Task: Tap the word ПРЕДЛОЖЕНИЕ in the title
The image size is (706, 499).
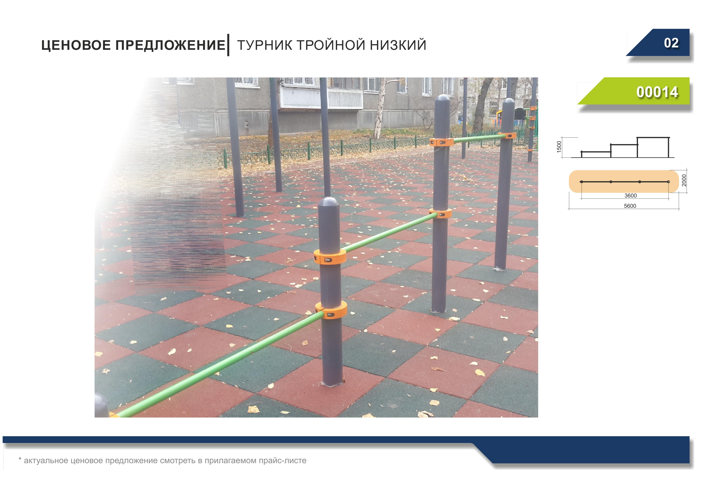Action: coord(170,45)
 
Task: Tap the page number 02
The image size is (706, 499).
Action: coord(671,43)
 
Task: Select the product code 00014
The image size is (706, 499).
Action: coord(657,92)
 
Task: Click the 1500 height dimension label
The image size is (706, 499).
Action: coord(559,147)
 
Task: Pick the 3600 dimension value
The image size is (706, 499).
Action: coord(630,196)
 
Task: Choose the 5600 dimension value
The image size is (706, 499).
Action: coord(630,206)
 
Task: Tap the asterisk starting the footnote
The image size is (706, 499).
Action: coord(20,459)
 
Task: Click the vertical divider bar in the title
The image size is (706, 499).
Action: coord(228,45)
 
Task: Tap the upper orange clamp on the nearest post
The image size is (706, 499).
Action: coord(330,257)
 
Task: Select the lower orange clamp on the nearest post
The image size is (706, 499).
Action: coord(331,310)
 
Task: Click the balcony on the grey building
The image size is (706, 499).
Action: coord(322,98)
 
